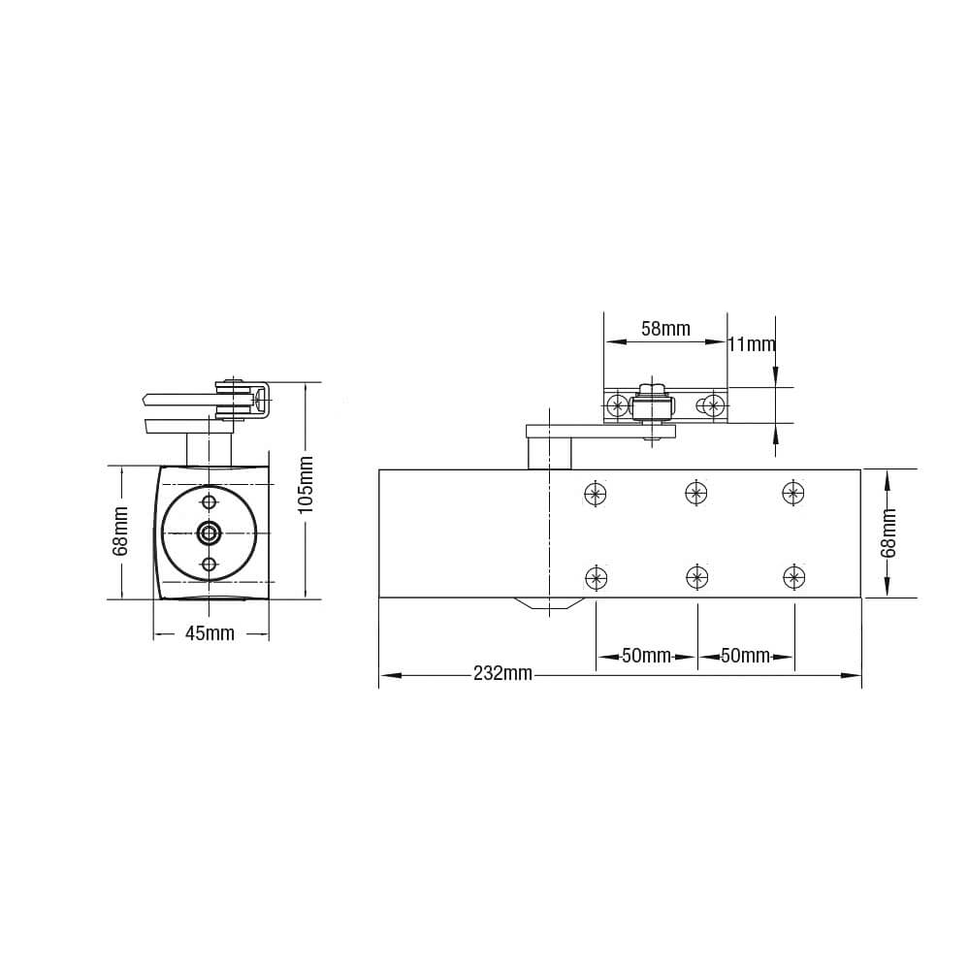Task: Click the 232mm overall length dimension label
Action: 502,674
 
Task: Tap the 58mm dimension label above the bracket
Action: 665,329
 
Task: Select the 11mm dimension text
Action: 753,344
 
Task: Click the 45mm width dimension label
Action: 210,634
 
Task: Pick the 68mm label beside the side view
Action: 121,532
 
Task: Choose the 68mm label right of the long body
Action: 888,533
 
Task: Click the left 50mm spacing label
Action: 646,657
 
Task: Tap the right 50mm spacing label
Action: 745,657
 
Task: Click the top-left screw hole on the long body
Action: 596,493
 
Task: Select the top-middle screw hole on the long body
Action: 695,493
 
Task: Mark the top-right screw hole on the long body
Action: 793,493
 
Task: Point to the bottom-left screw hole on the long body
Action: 596,578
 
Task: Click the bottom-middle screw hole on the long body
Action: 695,578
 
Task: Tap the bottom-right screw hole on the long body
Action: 793,578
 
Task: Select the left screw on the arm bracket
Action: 616,405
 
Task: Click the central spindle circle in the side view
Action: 209,532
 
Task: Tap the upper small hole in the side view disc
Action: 209,501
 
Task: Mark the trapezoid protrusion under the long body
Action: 549,604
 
